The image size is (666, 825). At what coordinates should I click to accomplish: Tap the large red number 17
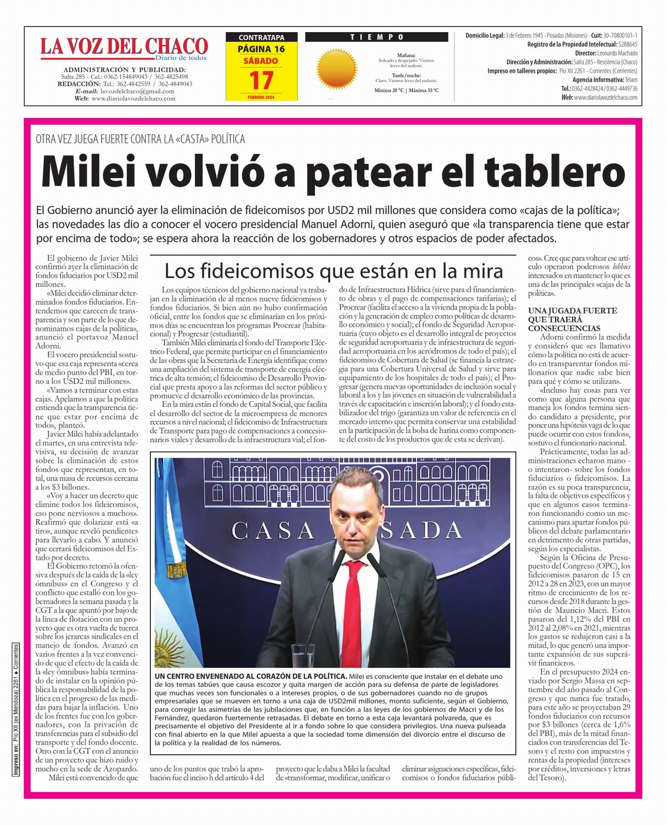261,80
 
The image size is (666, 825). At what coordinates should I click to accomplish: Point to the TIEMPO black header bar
376,37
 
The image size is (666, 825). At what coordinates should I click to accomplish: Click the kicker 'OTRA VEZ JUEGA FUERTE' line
140,139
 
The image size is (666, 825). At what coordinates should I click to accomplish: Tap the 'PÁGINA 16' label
261,49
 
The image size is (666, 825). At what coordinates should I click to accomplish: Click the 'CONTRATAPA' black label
261,38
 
